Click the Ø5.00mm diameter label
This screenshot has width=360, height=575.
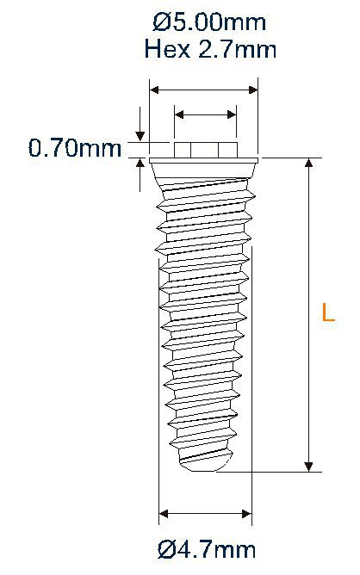(211, 21)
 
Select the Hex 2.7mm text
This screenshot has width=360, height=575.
(211, 49)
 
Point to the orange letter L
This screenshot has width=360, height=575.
(327, 312)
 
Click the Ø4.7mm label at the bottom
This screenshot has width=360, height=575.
(207, 547)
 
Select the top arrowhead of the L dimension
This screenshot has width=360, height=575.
(308, 165)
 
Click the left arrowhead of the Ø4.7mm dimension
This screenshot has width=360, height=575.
(164, 515)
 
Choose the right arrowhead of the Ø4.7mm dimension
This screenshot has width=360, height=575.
(245, 515)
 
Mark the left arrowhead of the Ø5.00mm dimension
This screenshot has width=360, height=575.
(155, 88)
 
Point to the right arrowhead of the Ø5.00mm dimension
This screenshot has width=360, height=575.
(253, 88)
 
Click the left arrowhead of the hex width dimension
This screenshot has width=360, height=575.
(179, 114)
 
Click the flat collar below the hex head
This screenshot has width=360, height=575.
(204, 161)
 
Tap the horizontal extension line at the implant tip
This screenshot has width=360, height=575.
(276, 472)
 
